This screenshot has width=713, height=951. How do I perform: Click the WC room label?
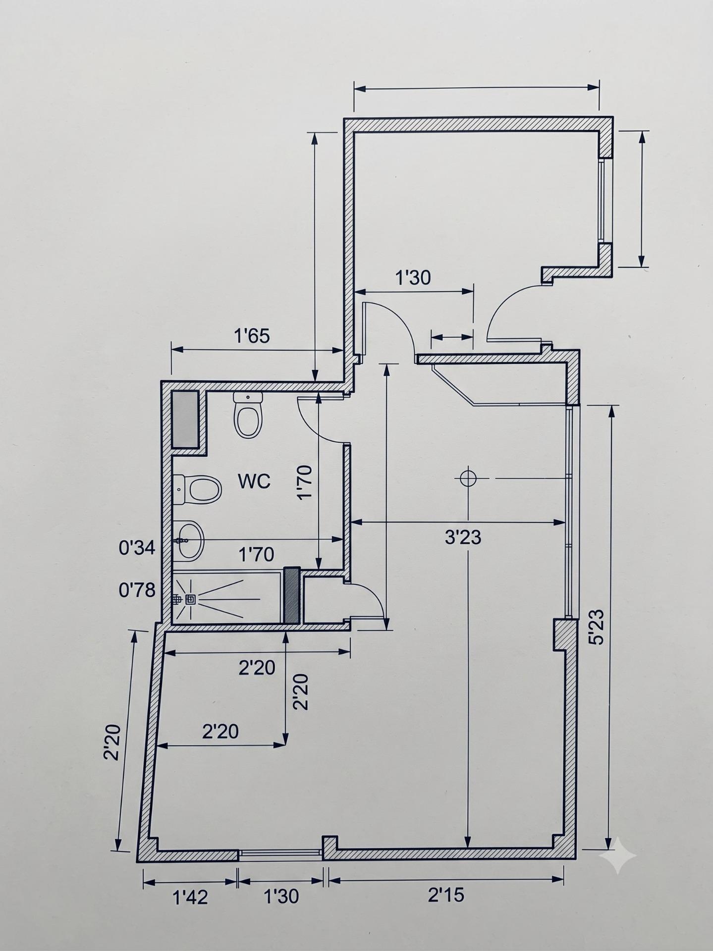coord(254,481)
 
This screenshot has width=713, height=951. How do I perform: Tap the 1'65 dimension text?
coord(252,336)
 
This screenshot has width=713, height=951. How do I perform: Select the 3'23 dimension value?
coord(463,537)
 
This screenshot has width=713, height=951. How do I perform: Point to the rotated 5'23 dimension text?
coord(598,627)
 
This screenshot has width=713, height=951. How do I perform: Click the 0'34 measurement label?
coord(137,548)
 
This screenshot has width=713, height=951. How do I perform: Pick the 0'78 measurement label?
coord(137,590)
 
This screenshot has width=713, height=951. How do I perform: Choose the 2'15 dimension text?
coord(446,895)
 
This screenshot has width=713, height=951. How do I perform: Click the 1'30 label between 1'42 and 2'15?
coord(281,896)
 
